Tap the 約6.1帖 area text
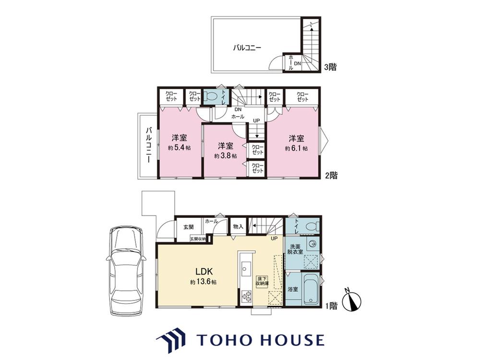(x=296, y=148)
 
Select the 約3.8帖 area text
(x=225, y=156)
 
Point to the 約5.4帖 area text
(x=180, y=148)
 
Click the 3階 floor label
(x=330, y=67)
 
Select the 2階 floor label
(x=331, y=175)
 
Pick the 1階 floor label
(x=331, y=305)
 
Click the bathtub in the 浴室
(x=311, y=288)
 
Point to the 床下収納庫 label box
(x=263, y=281)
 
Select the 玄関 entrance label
(x=189, y=227)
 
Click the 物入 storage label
(x=238, y=227)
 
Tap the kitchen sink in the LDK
(x=245, y=268)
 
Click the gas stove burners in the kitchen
(x=246, y=296)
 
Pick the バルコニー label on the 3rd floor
(x=247, y=48)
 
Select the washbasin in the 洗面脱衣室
(x=312, y=244)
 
